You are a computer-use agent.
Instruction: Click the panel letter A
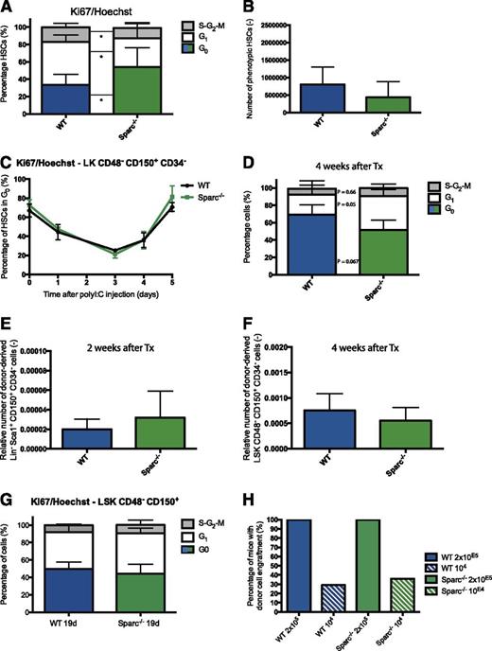tap(8, 9)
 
